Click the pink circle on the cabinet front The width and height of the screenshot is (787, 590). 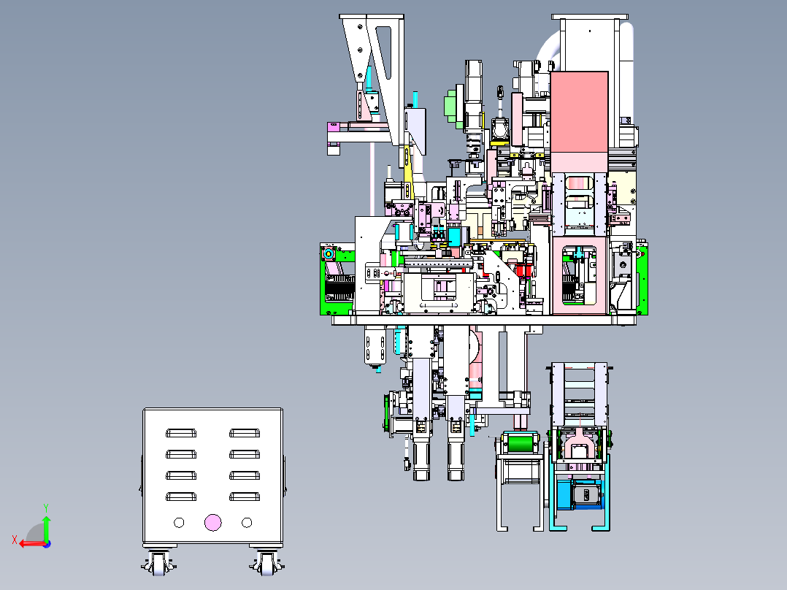click(x=213, y=523)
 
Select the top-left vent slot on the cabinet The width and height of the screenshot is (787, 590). click(x=181, y=433)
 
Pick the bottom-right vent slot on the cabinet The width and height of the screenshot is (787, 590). click(x=245, y=497)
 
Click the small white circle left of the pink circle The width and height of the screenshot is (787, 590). click(x=179, y=523)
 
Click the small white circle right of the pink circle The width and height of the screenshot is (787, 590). click(x=247, y=523)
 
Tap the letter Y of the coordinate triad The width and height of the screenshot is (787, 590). click(x=46, y=508)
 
